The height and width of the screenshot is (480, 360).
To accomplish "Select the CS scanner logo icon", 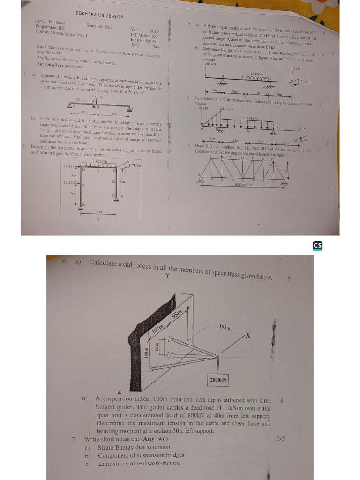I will tap(317, 246).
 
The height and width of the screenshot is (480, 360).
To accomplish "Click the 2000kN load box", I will tap(217, 380).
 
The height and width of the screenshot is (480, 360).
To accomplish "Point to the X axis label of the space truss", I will tap(248, 336).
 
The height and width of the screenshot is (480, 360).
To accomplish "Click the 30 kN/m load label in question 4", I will tap(227, 109).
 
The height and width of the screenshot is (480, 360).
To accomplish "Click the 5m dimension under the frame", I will tap(99, 212).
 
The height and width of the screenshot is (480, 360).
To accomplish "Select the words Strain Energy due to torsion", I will tap(130, 448).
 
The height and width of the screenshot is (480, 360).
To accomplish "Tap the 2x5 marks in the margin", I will tap(281, 439).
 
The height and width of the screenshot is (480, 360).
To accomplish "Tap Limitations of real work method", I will tap(139, 464).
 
